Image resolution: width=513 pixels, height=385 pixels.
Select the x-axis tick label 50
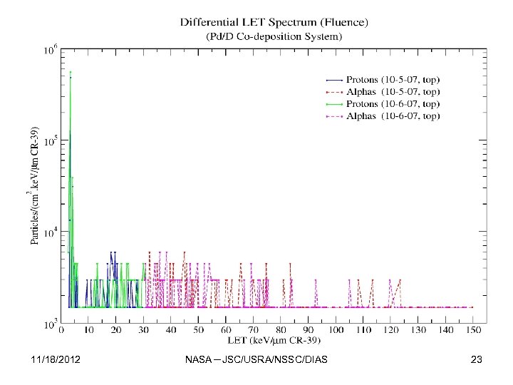197,331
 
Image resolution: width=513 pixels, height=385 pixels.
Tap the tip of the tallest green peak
70,71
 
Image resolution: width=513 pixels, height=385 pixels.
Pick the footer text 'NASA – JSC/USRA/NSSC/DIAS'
256,360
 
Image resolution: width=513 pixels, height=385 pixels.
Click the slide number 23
477,360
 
